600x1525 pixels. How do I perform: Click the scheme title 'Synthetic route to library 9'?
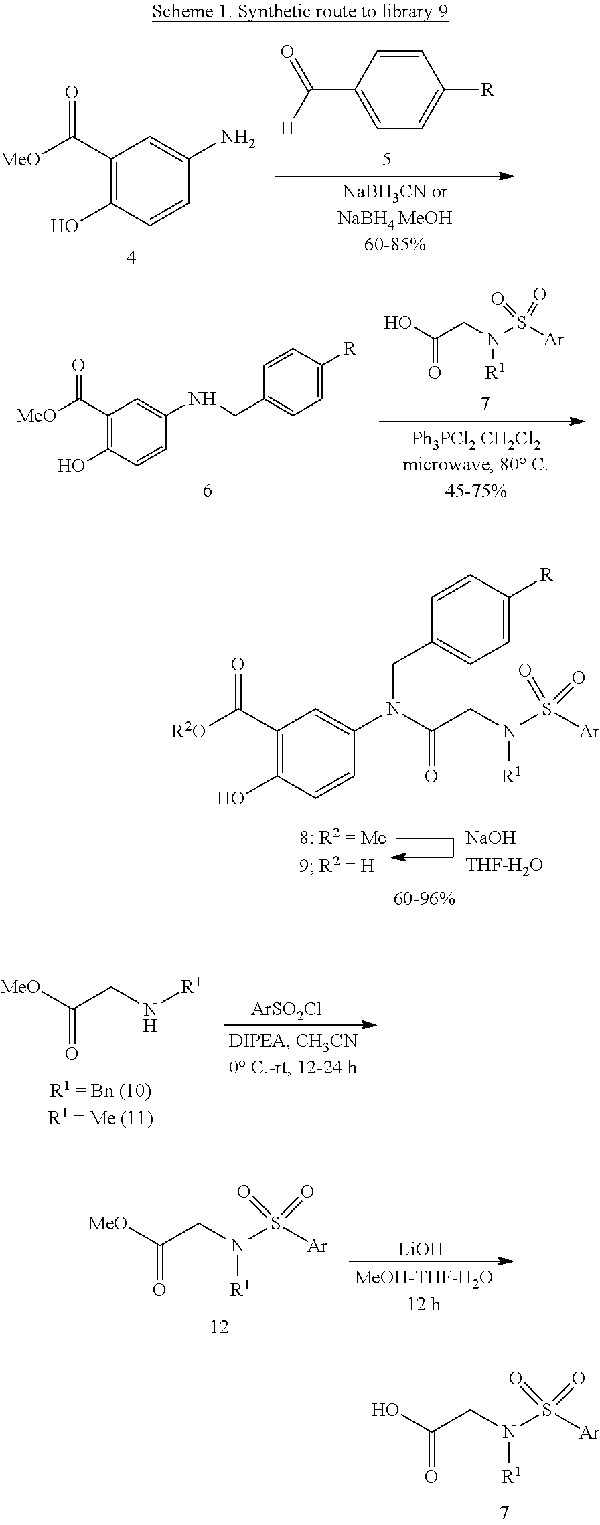[x=300, y=12]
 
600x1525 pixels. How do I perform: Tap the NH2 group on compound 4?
[x=238, y=139]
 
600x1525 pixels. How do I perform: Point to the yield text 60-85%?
[x=395, y=244]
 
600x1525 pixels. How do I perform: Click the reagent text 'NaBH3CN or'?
[x=394, y=193]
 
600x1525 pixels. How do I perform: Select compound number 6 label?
[x=207, y=490]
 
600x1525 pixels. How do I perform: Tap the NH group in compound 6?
[x=202, y=399]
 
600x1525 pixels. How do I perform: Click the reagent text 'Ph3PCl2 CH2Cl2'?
[x=475, y=440]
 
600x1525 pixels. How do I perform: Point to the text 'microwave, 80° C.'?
[x=475, y=465]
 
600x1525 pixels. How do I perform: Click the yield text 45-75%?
[x=475, y=491]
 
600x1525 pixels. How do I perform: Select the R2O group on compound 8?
[x=190, y=731]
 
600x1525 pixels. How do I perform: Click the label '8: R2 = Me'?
[x=343, y=838]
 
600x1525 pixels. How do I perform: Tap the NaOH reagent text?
[x=491, y=838]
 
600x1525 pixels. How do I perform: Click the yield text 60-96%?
[x=424, y=899]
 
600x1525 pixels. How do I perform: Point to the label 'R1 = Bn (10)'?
[x=100, y=1091]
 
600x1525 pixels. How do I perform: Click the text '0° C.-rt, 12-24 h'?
[x=293, y=1067]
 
